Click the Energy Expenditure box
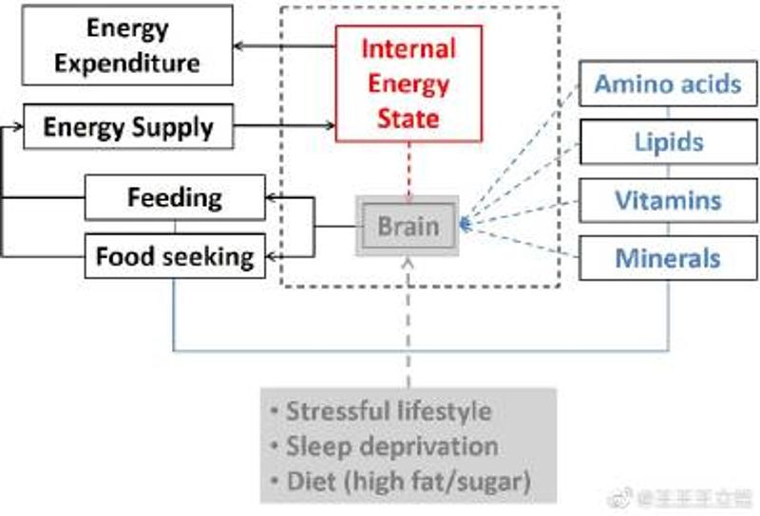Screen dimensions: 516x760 (127, 46)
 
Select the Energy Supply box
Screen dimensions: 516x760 (127, 126)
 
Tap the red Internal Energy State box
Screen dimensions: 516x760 (408, 83)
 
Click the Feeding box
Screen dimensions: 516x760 (175, 197)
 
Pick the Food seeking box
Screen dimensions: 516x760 (175, 255)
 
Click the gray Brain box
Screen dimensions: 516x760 (408, 226)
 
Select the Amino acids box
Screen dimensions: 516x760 (667, 83)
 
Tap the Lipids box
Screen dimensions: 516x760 (667, 142)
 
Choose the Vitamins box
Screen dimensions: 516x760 (667, 200)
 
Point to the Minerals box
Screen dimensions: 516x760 (667, 257)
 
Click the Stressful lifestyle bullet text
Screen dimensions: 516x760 (389, 411)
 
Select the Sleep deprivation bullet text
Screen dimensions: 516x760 (391, 446)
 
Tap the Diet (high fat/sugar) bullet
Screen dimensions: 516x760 (408, 482)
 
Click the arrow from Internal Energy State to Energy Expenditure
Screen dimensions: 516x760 (284, 46)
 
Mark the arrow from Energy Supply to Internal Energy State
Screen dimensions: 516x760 (284, 125)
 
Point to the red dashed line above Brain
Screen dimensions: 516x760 (408, 172)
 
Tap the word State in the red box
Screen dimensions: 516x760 (408, 118)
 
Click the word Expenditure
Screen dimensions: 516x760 (127, 64)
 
